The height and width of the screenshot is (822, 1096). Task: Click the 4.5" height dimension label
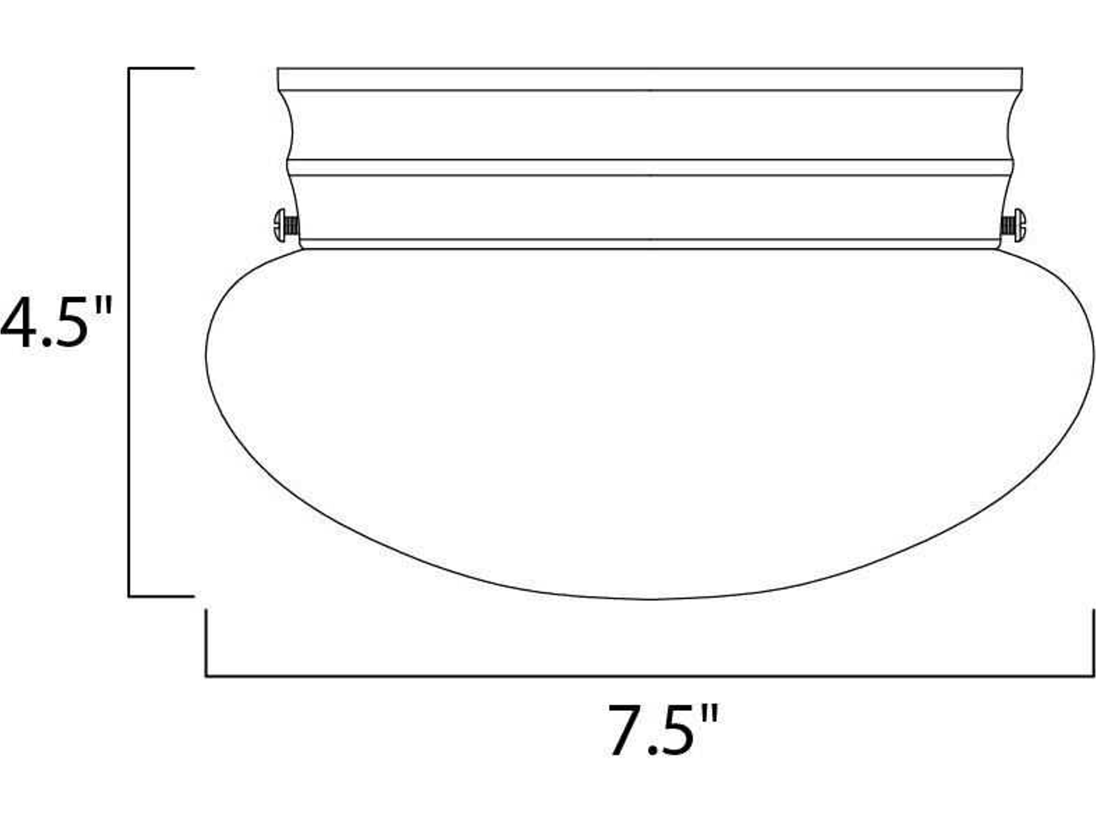coord(55,322)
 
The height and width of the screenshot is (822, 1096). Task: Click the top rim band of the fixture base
coord(649,79)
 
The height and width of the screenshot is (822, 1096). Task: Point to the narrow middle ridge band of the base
coord(649,168)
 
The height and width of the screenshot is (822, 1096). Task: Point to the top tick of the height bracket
coord(161,68)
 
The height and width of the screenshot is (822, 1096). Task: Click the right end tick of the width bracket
coord(1093,642)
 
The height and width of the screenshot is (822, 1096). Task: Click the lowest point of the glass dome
coord(649,599)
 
